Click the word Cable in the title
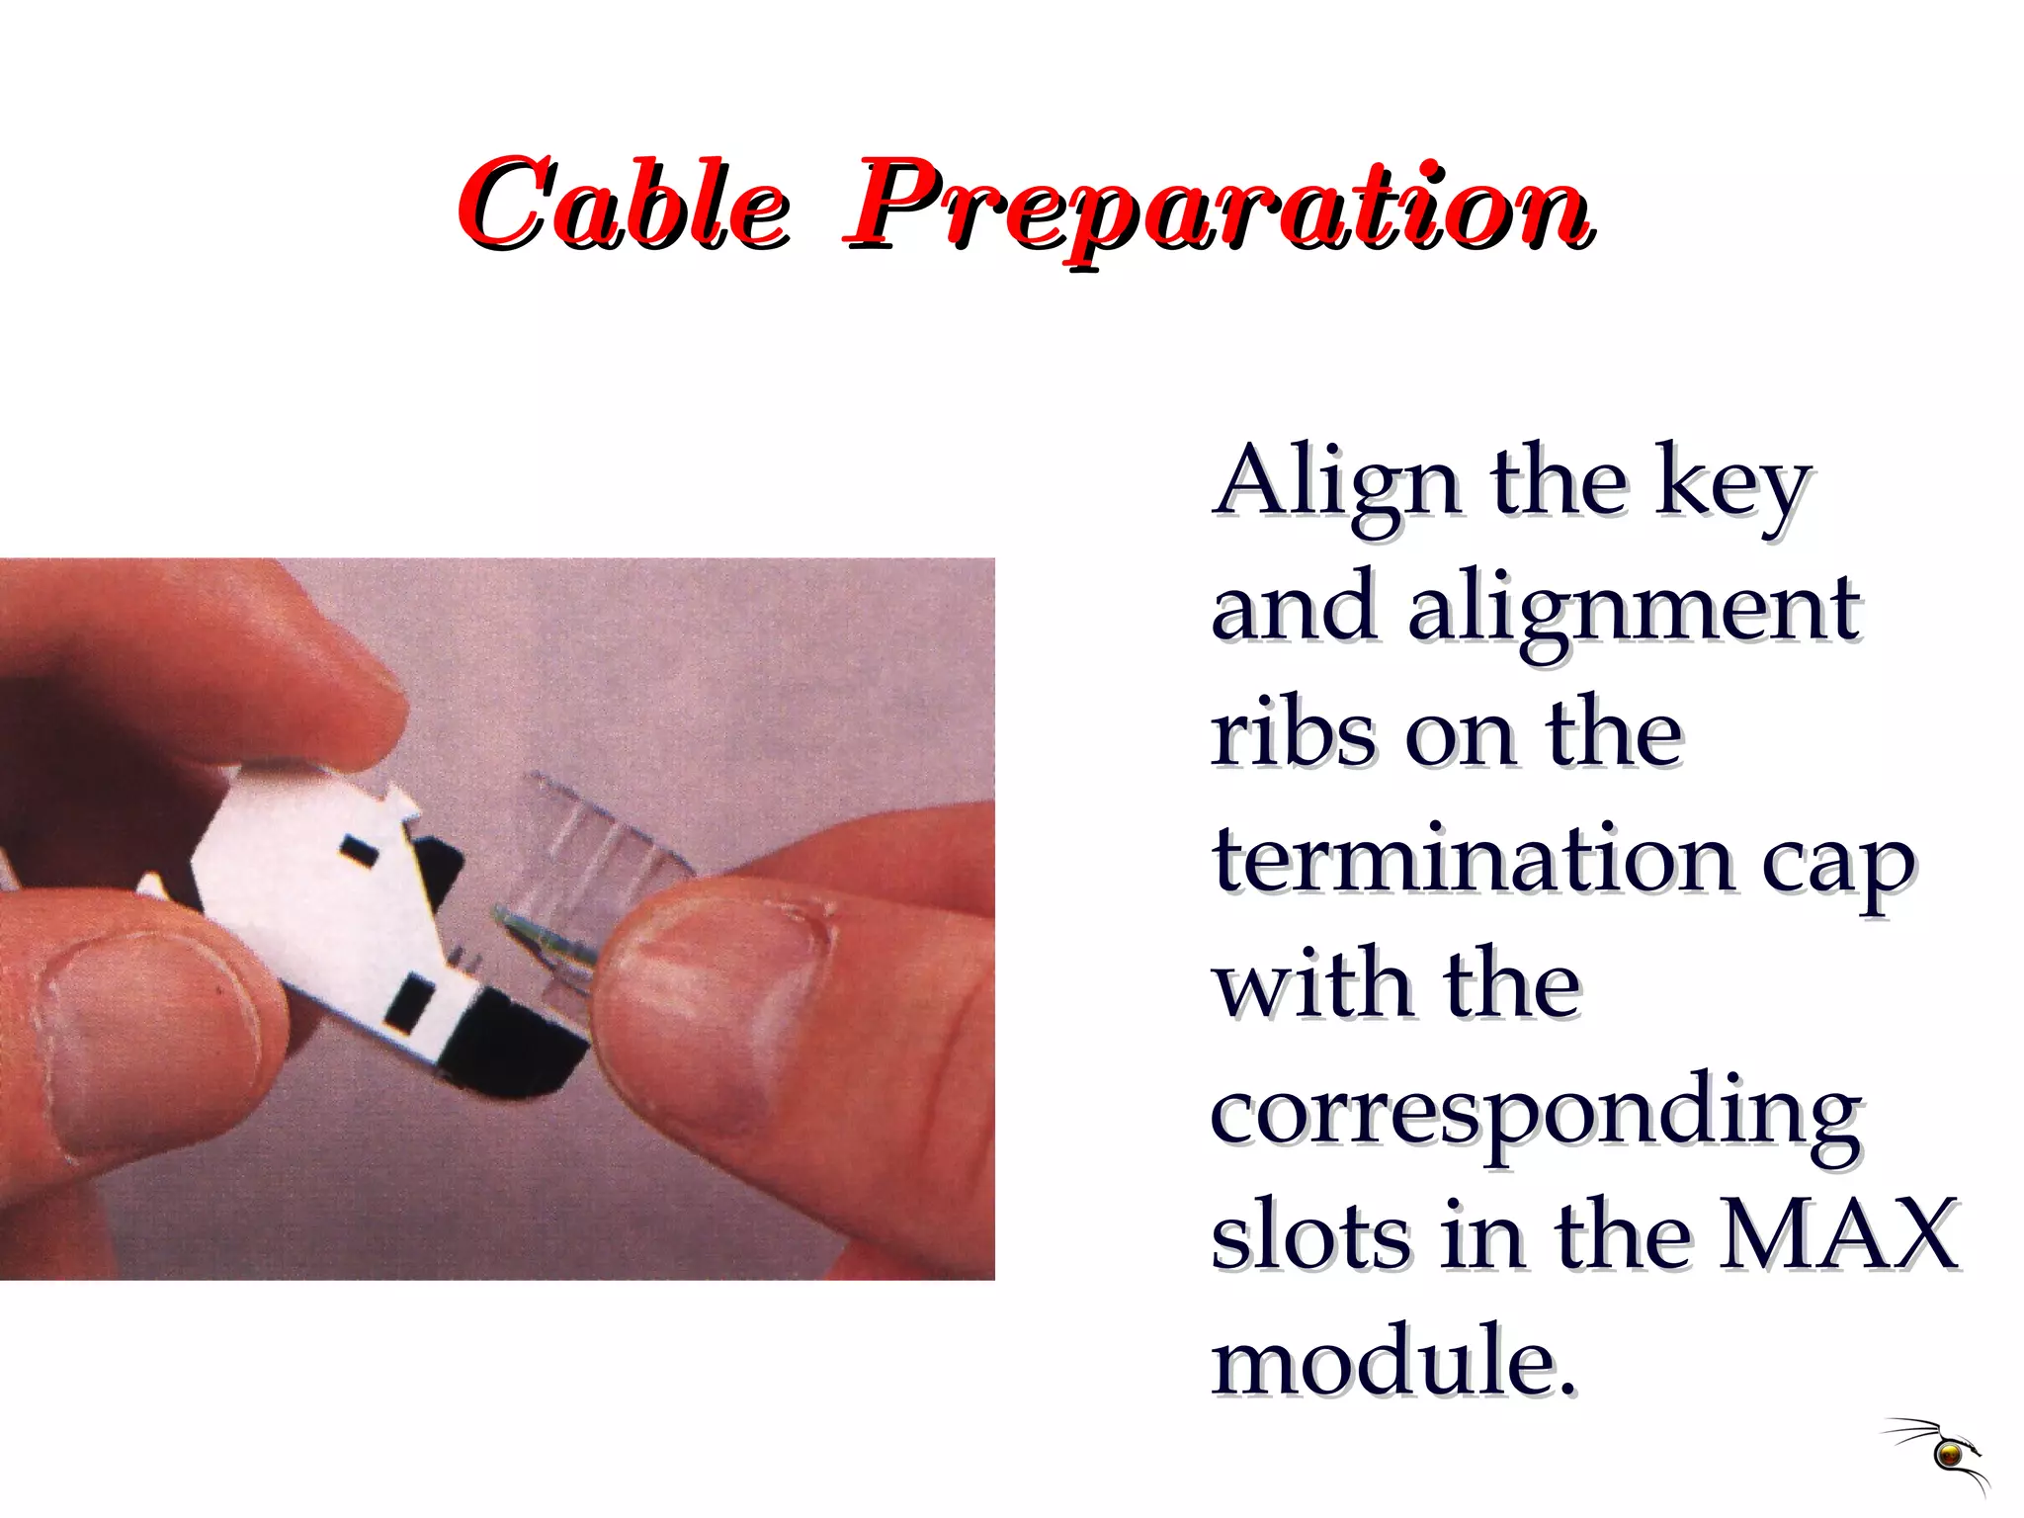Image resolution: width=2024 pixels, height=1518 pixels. coord(623,206)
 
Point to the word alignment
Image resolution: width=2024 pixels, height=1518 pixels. coord(1635,611)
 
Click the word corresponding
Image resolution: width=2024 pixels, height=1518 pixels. coord(1536,1115)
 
